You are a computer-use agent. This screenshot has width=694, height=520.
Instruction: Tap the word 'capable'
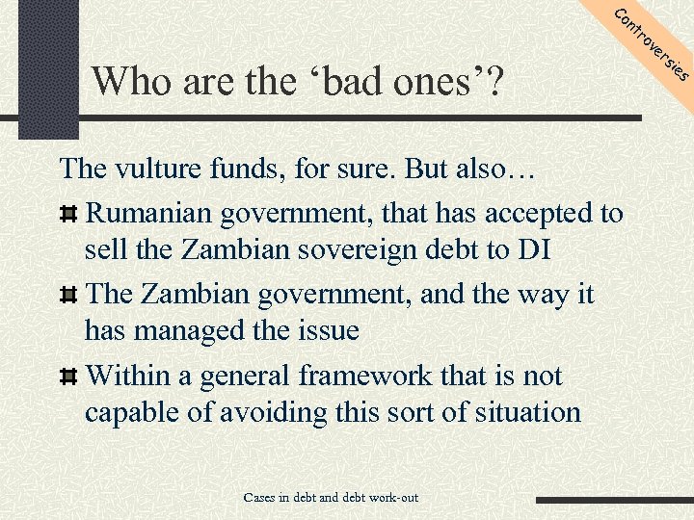tap(131, 413)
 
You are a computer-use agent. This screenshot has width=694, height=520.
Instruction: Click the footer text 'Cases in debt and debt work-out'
tap(331, 498)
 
